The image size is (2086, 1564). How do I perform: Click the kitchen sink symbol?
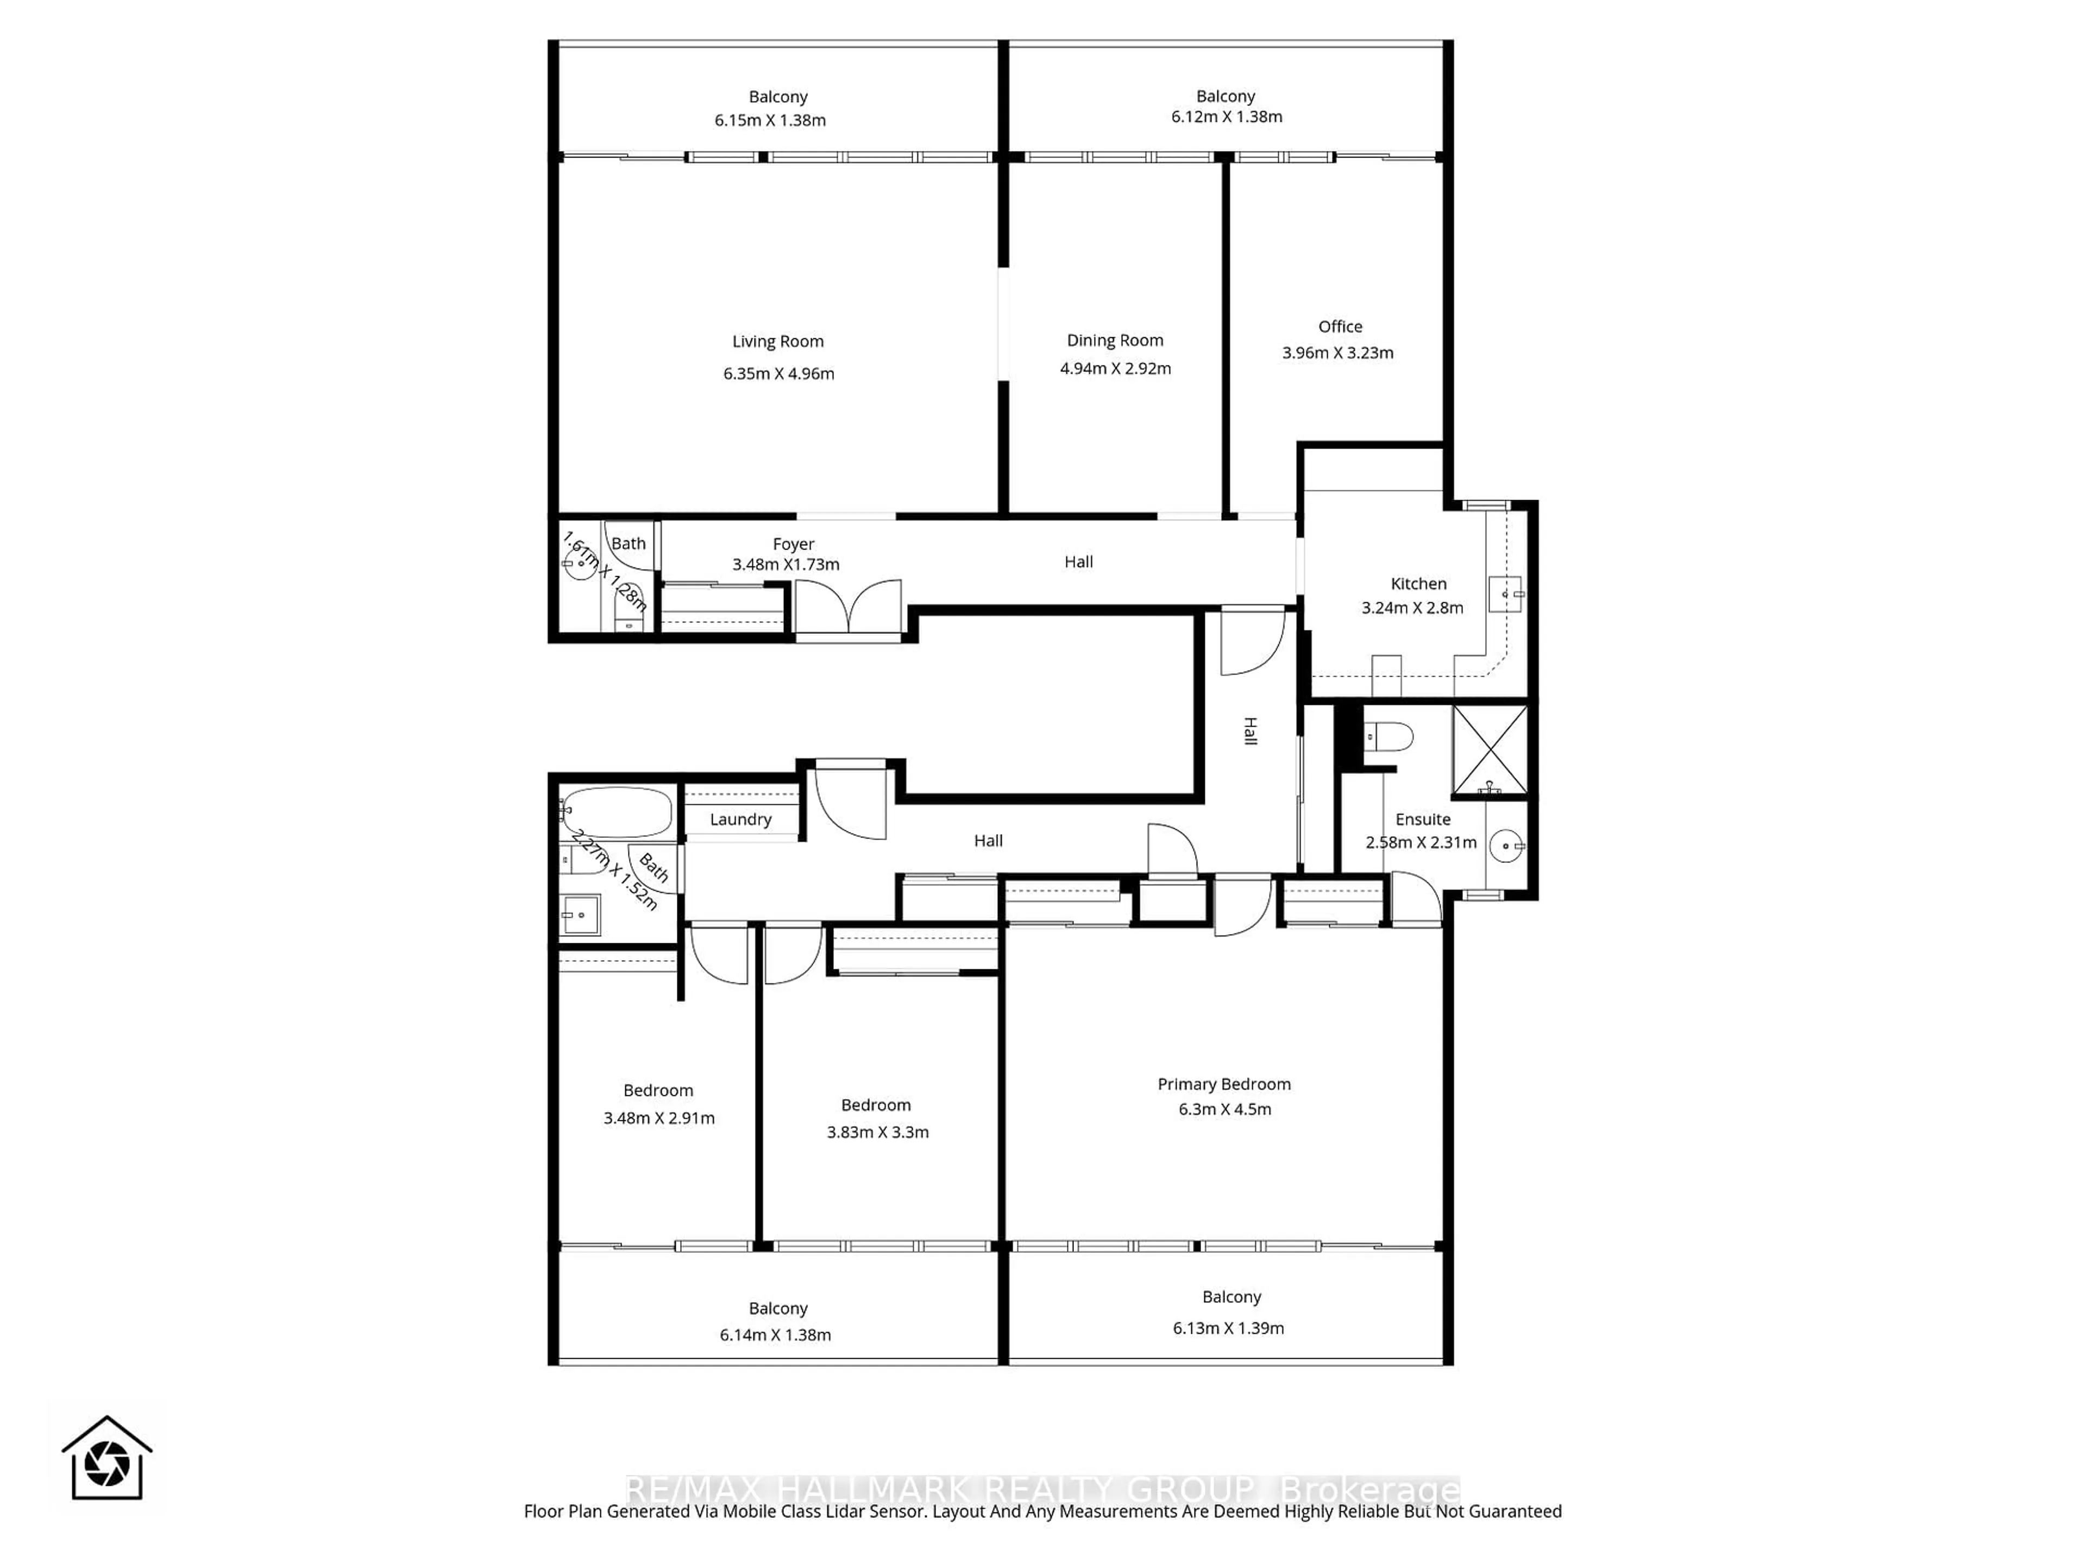point(1505,594)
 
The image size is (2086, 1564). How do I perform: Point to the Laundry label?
point(740,819)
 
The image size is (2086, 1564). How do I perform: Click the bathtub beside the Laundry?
point(618,812)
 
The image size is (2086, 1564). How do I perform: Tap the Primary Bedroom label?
point(1223,1084)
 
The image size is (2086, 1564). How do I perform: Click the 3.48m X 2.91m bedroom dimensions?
point(658,1118)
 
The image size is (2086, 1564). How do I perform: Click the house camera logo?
point(106,1459)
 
